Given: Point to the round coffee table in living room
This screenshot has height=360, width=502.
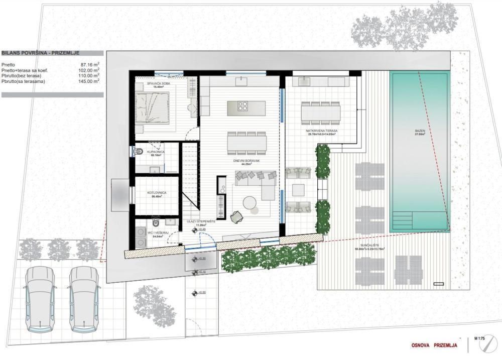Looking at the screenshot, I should point(249,202).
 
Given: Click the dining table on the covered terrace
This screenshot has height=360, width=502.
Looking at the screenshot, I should point(321,112).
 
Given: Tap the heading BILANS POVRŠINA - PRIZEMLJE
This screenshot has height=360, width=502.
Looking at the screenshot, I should point(40,52).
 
